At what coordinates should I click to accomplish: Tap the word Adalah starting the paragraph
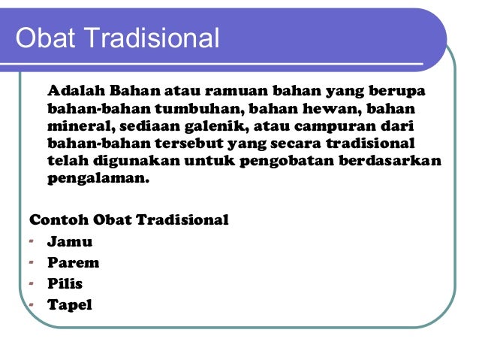coord(71,91)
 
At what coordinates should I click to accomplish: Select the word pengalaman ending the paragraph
coord(98,179)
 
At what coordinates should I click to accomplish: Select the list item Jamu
coord(70,241)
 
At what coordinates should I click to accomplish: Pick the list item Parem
coord(73,262)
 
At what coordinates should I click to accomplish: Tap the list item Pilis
coord(65,283)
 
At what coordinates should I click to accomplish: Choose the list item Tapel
coord(69,304)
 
